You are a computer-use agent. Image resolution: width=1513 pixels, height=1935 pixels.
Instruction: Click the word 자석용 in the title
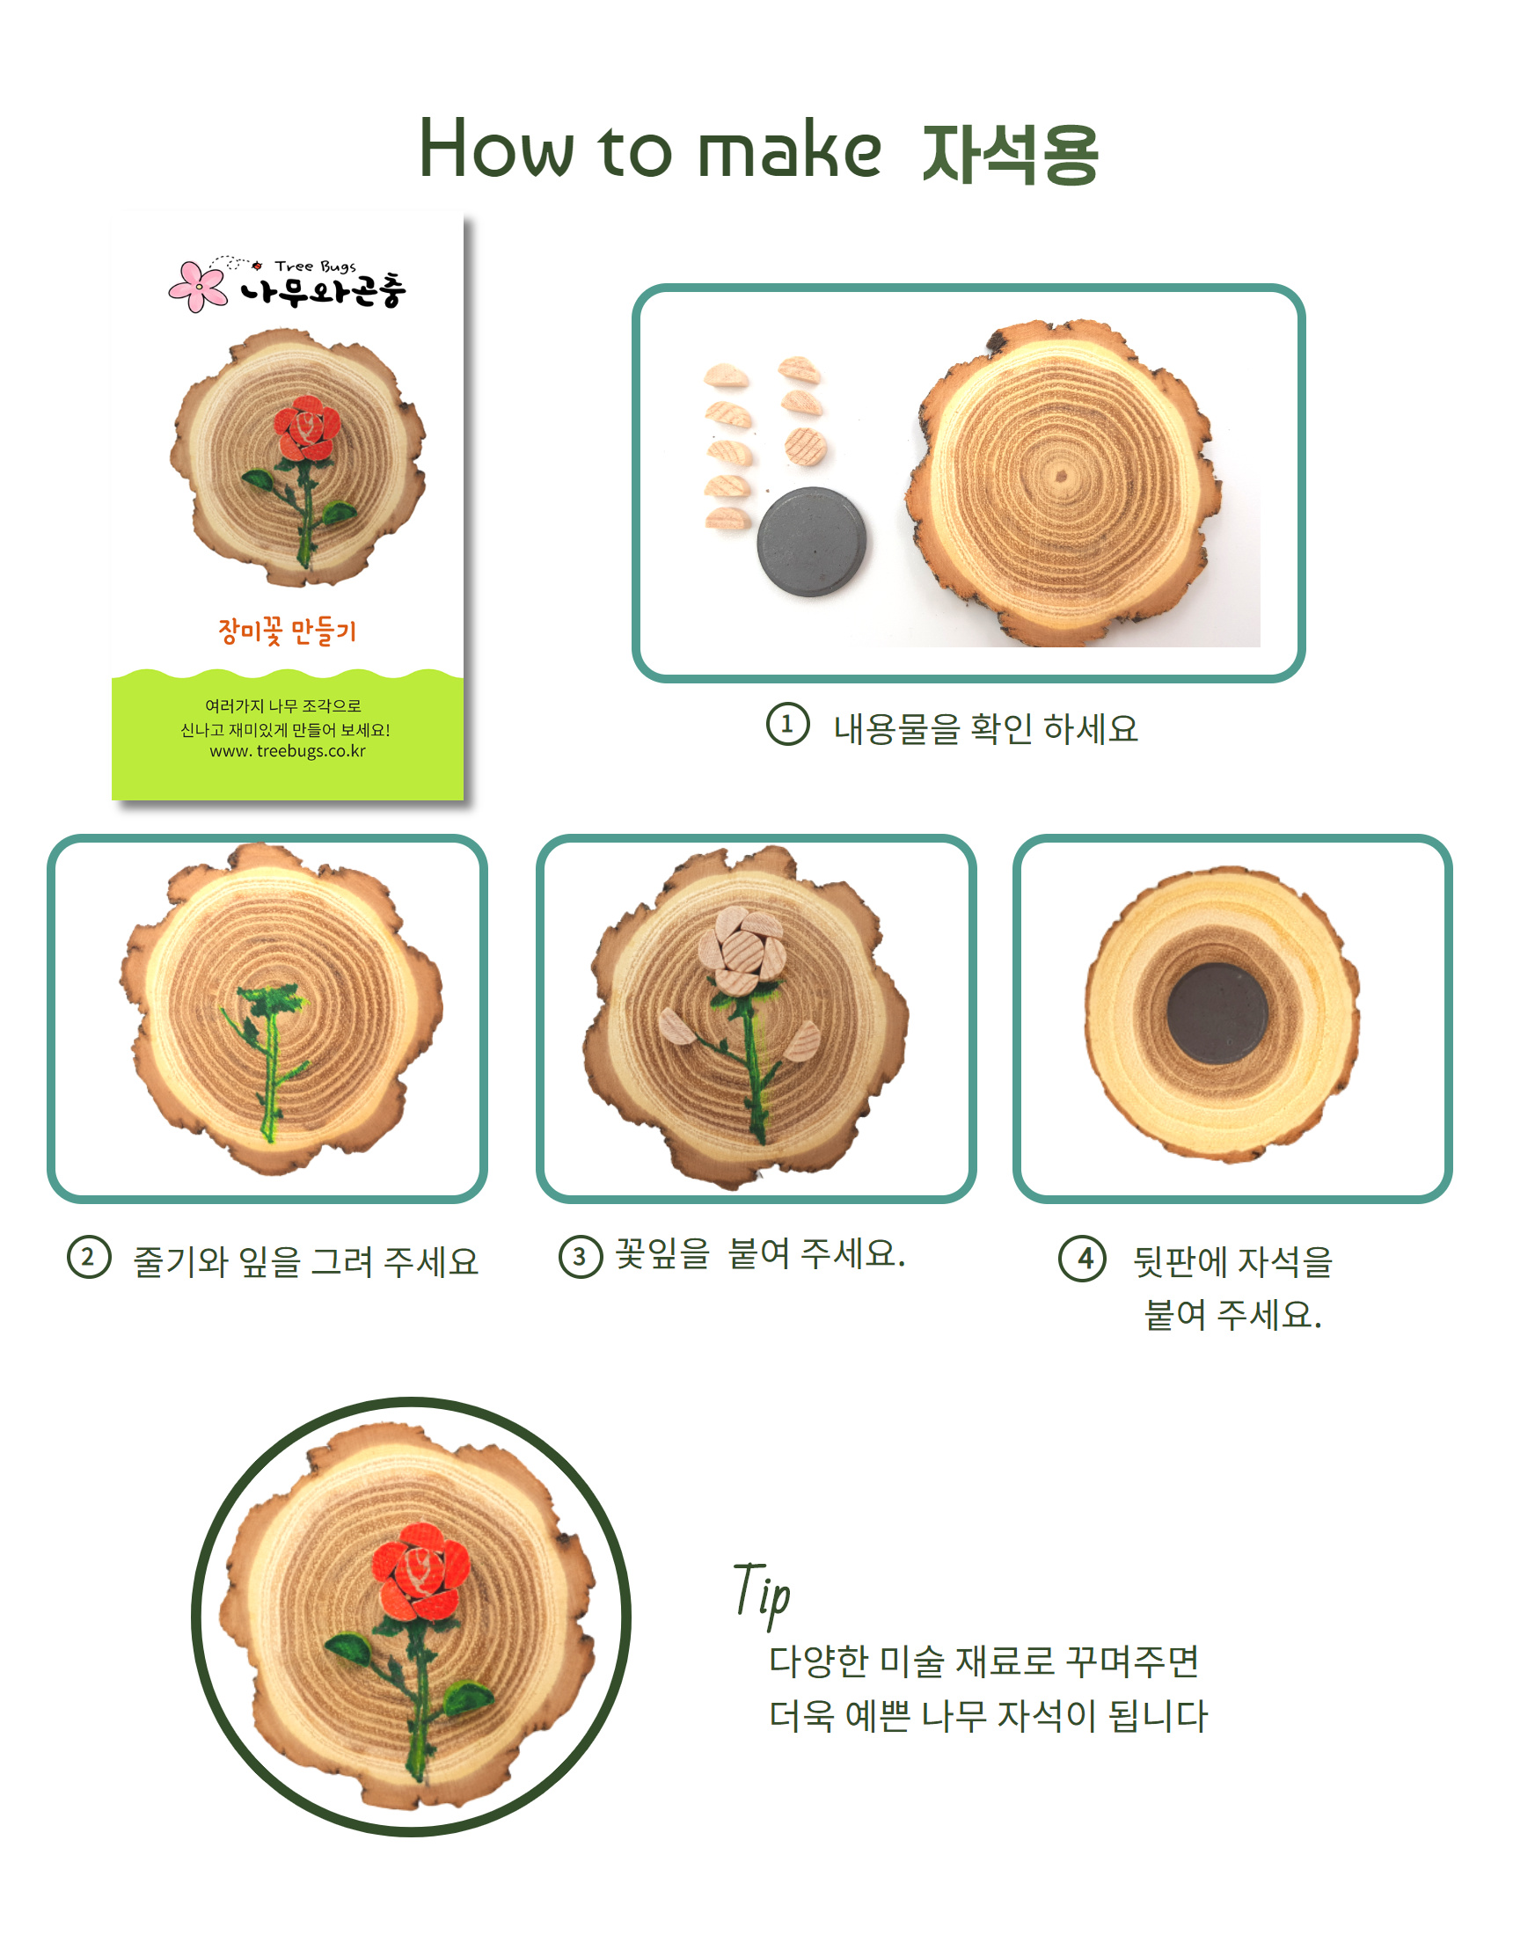(x=1010, y=152)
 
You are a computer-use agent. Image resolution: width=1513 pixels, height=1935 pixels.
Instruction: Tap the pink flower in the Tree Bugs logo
(x=199, y=285)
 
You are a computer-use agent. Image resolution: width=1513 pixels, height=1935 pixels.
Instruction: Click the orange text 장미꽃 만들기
(x=287, y=631)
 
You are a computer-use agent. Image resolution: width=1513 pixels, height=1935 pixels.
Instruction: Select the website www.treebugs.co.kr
(x=287, y=750)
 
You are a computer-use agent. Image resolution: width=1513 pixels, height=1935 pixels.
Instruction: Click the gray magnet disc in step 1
(x=812, y=541)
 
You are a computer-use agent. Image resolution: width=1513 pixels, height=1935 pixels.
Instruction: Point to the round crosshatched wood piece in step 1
(x=805, y=447)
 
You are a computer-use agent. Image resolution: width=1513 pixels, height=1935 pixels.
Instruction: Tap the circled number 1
(x=787, y=724)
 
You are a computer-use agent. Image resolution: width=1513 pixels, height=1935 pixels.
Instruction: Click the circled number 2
(x=89, y=1257)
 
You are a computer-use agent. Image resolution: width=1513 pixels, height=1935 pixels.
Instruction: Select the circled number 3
(x=580, y=1255)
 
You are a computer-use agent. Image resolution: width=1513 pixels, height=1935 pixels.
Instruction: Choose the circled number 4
(x=1082, y=1258)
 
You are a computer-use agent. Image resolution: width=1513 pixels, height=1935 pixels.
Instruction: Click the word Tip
(x=762, y=1594)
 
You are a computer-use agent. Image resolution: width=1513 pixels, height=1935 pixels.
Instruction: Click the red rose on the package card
(x=307, y=429)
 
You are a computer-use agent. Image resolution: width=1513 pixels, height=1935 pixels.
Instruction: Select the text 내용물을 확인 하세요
(x=985, y=728)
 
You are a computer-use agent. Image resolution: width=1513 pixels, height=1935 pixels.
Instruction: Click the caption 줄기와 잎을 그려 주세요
(x=305, y=1260)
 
